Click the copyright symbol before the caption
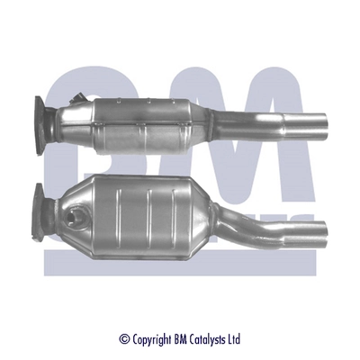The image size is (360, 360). [124, 339]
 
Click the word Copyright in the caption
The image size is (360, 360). [152, 339]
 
